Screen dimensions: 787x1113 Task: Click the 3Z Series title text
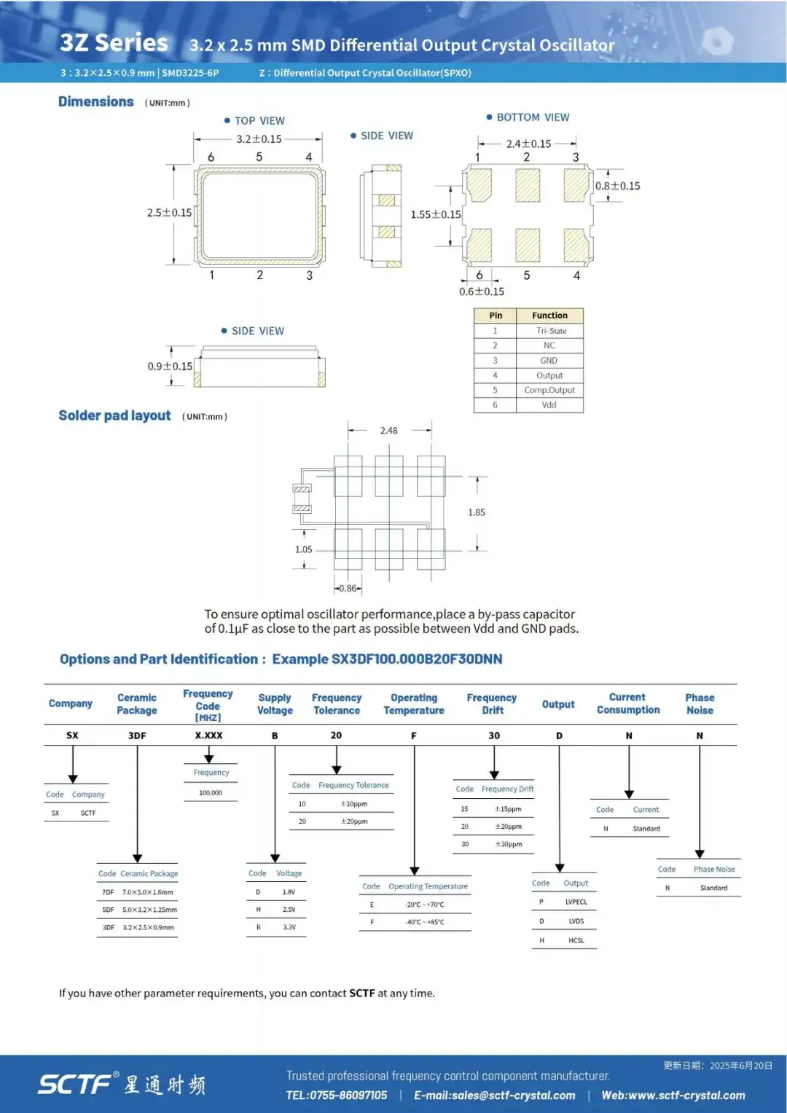pos(114,43)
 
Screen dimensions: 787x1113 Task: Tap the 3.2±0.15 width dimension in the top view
pos(259,139)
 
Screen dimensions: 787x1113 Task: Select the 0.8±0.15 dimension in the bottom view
pos(618,186)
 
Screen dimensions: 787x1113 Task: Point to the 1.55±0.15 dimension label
pos(436,214)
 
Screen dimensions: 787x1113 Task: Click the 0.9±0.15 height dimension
pos(170,366)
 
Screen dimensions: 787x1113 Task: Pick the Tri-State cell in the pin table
pos(551,331)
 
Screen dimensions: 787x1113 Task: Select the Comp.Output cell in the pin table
pos(549,390)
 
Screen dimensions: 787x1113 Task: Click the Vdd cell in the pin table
pos(549,405)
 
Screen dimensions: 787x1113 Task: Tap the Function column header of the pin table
pos(549,316)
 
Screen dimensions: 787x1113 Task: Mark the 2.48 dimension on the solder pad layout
pos(389,430)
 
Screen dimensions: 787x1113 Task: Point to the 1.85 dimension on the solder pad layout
pos(477,512)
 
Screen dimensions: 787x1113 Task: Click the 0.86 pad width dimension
pos(348,588)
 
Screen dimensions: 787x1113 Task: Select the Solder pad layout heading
pos(114,415)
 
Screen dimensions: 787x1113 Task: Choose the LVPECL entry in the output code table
pos(576,902)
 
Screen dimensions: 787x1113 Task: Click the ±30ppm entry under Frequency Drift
pos(509,844)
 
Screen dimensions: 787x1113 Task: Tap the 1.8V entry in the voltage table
pos(289,892)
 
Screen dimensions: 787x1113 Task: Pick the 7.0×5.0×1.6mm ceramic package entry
pos(147,892)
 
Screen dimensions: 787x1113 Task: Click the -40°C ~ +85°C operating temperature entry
pos(425,922)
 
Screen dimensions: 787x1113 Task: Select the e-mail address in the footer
pos(495,1095)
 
